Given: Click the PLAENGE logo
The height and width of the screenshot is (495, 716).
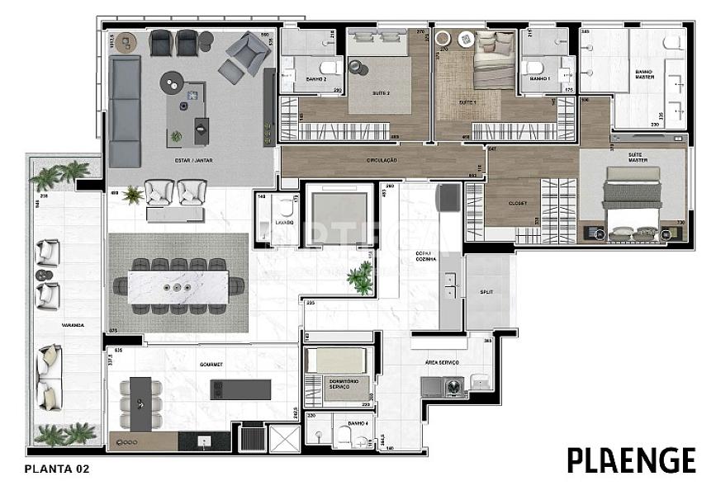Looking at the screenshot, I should [631, 460].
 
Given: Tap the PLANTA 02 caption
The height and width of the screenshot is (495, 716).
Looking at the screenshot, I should [57, 469].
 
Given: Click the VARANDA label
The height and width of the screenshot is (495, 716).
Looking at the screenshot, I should [72, 325].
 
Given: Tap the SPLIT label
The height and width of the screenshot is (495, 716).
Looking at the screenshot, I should [486, 292].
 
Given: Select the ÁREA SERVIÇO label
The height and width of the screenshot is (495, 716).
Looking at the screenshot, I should [443, 363].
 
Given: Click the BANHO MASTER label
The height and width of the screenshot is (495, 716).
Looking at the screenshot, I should [644, 74].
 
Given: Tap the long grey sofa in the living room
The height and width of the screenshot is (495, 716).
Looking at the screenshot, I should [126, 111].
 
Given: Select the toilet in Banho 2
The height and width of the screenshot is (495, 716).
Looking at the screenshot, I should [328, 68].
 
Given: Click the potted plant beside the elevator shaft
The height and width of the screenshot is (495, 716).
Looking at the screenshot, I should [359, 280].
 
